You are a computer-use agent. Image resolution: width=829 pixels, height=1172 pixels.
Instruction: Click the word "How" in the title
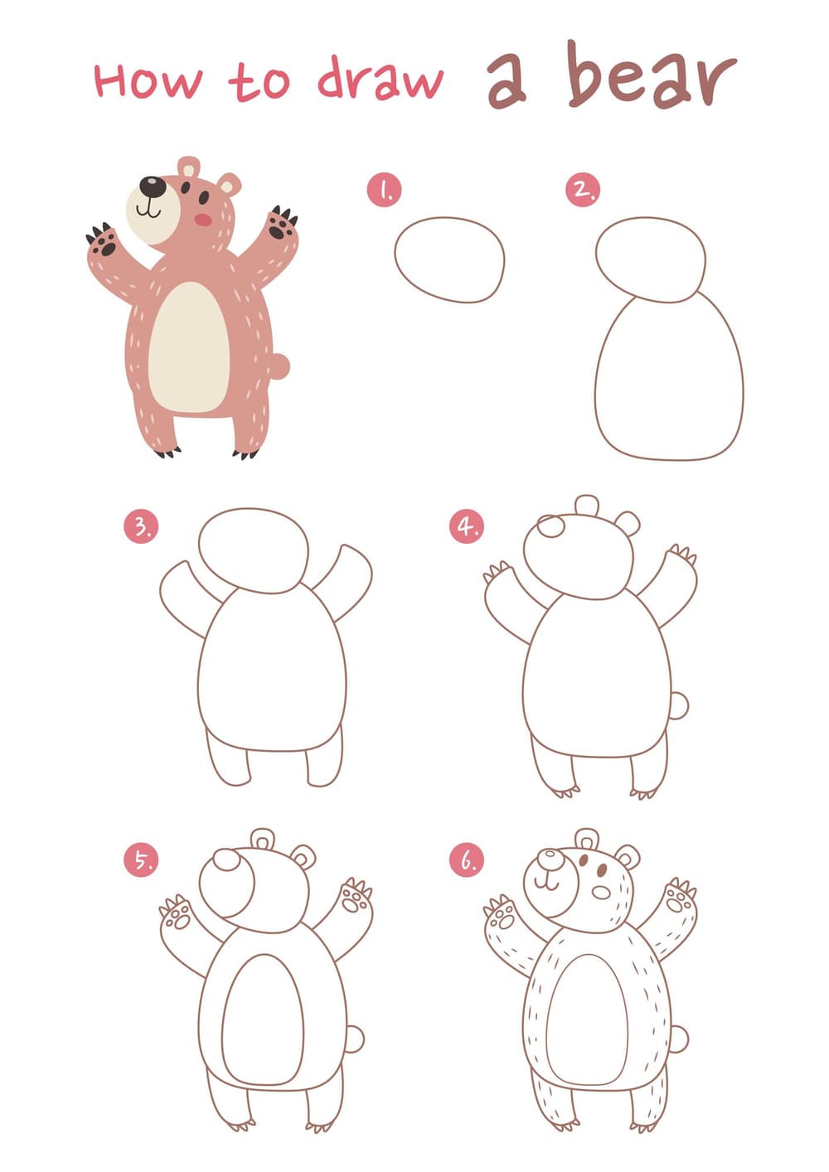pyautogui.click(x=148, y=81)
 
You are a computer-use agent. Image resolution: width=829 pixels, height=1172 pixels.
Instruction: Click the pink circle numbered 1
pyautogui.click(x=385, y=190)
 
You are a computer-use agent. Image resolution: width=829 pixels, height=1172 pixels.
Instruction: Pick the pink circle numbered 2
pyautogui.click(x=583, y=190)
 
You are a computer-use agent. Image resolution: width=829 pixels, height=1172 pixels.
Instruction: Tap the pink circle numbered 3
pyautogui.click(x=141, y=527)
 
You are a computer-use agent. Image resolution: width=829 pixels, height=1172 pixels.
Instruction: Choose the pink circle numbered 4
pyautogui.click(x=466, y=527)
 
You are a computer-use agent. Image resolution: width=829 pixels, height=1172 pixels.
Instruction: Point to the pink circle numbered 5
pyautogui.click(x=141, y=860)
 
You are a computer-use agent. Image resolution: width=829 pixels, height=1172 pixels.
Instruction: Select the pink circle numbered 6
pyautogui.click(x=466, y=860)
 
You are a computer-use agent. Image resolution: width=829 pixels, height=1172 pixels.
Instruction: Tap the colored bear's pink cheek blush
pyautogui.click(x=203, y=220)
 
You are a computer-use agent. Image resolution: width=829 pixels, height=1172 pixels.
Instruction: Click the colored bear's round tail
pyautogui.click(x=280, y=366)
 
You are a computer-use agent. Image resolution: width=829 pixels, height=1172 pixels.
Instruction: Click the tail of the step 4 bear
pyautogui.click(x=679, y=706)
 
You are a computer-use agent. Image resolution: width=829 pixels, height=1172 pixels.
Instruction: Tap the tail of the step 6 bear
pyautogui.click(x=679, y=1039)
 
